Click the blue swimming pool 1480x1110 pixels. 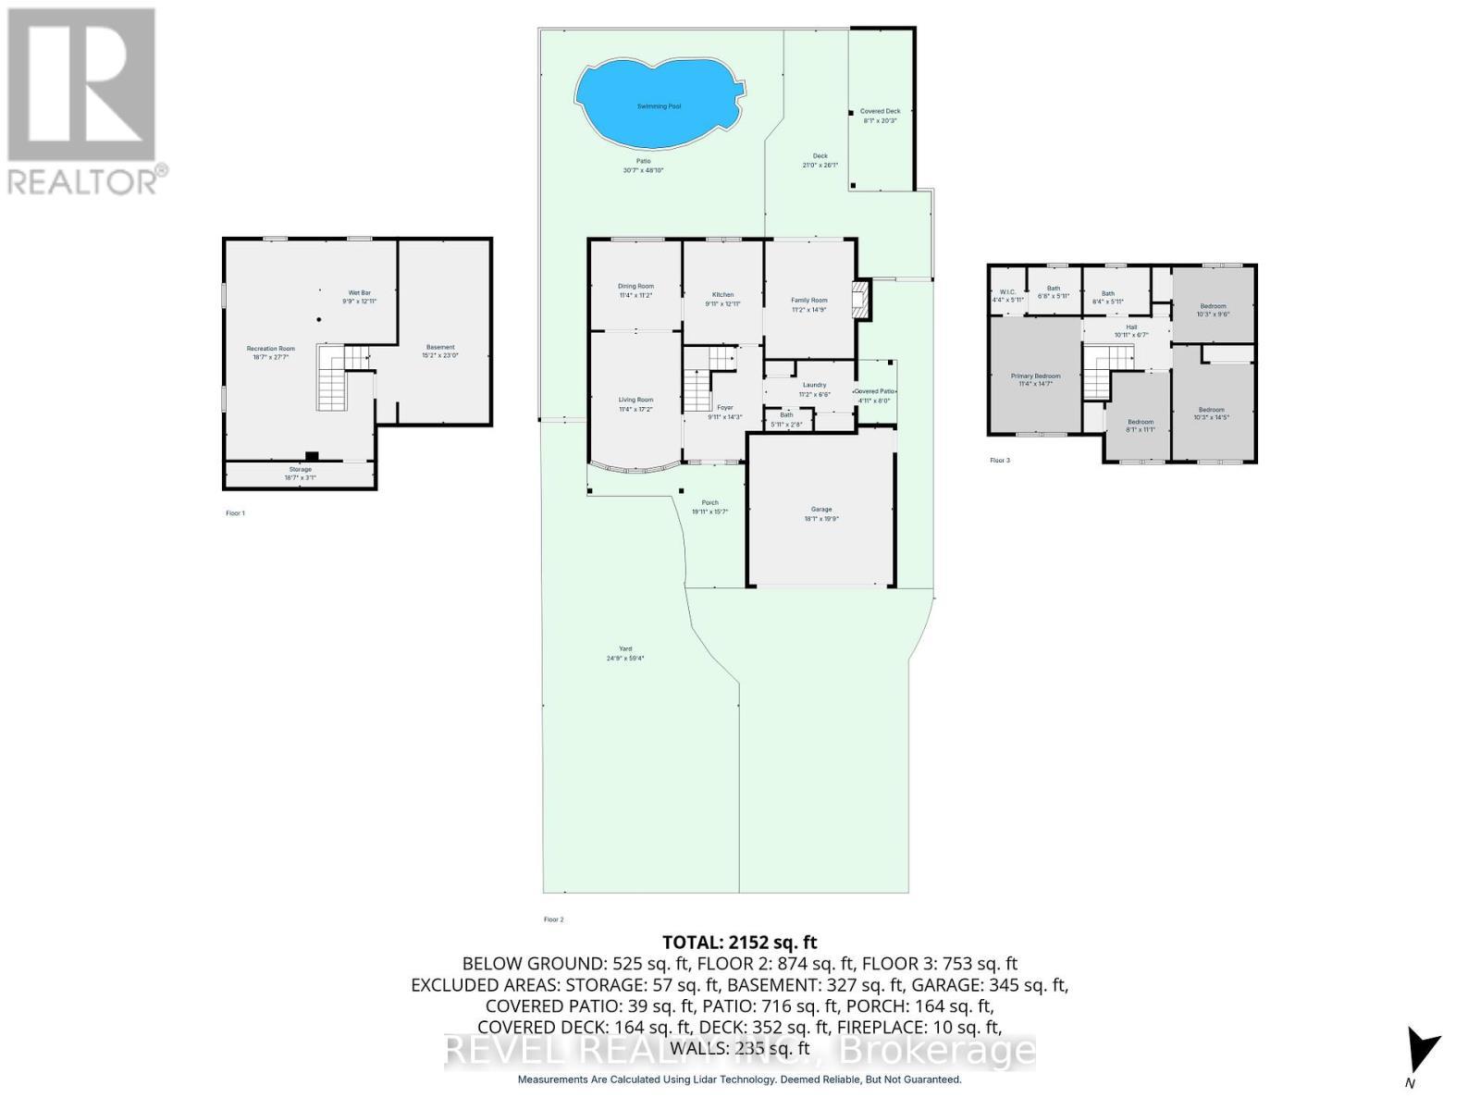(659, 104)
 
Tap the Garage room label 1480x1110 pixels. (821, 510)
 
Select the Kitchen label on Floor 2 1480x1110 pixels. (722, 295)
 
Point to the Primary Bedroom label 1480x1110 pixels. (1035, 376)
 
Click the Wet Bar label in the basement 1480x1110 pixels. (359, 293)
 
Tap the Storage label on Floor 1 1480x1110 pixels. (300, 470)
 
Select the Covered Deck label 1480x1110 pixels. (880, 112)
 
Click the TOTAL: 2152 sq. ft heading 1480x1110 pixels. (739, 943)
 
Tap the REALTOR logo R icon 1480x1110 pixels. (81, 85)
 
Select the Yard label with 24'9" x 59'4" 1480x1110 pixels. (625, 649)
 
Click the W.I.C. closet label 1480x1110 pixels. (1007, 292)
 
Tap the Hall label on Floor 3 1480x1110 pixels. (1131, 327)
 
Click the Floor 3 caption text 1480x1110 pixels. (1000, 460)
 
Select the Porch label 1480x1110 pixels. (709, 503)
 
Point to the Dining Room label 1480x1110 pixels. (635, 287)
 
